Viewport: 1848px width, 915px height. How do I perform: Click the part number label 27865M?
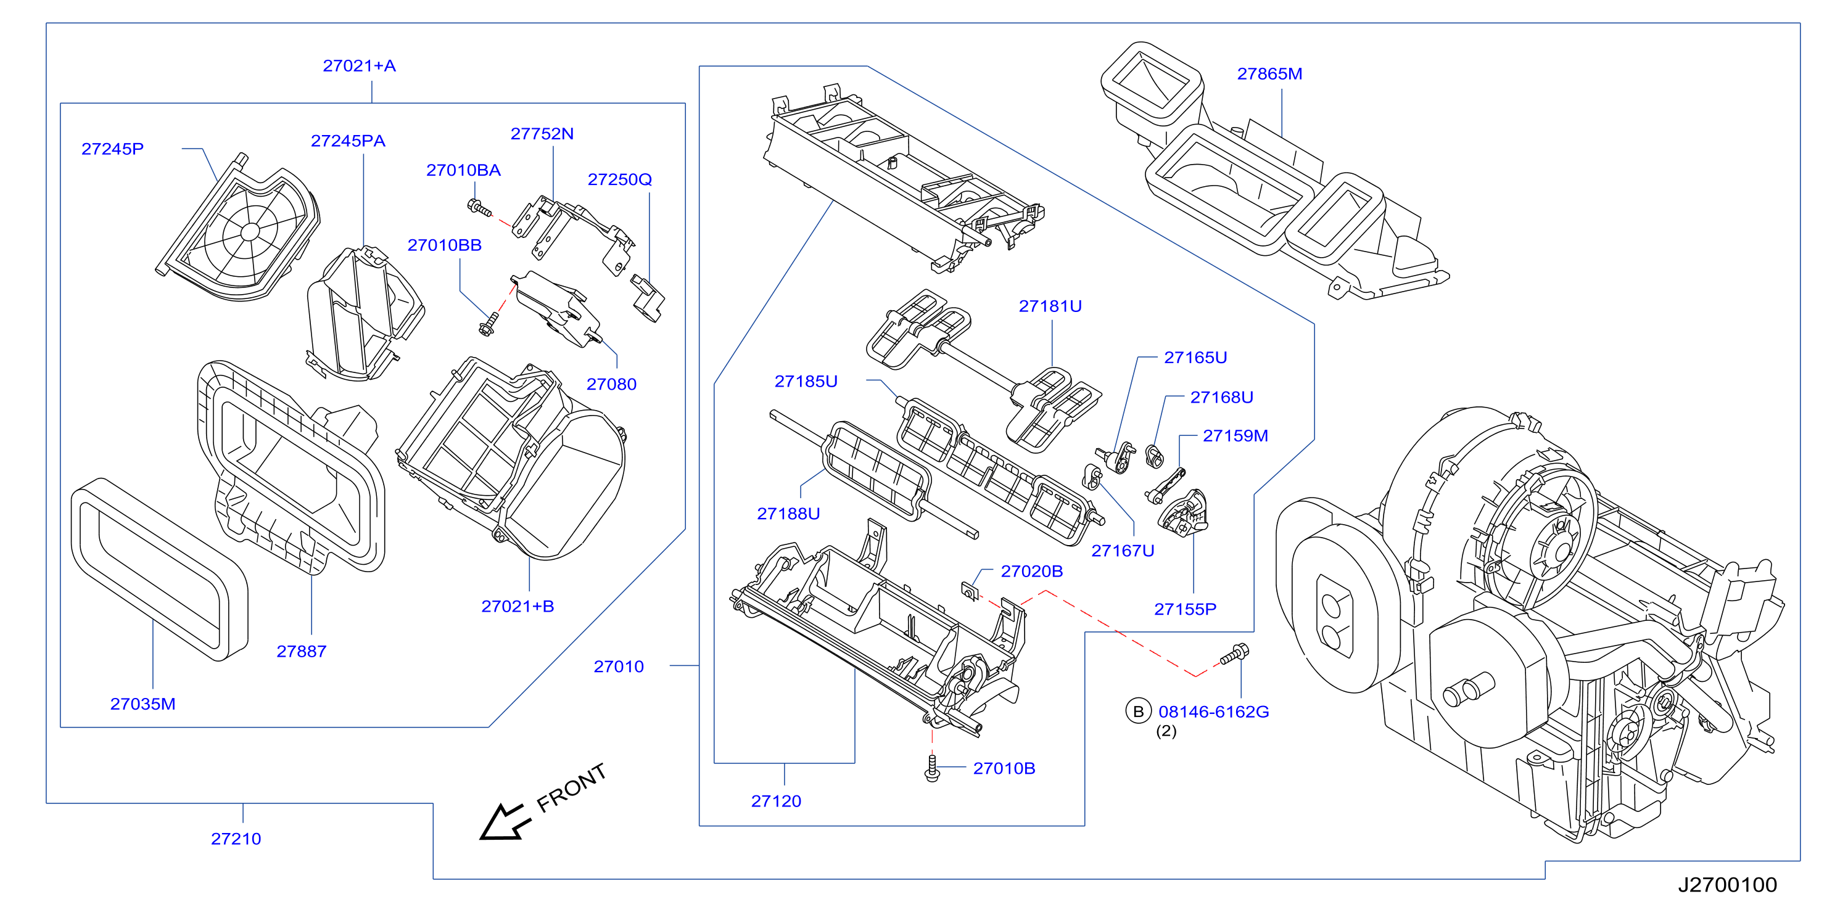coord(1269,74)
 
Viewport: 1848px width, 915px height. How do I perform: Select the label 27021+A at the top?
coord(359,66)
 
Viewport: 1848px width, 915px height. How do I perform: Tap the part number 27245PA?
coord(348,141)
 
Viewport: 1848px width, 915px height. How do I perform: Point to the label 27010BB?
coord(444,245)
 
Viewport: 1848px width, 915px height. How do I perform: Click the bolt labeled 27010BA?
coord(479,208)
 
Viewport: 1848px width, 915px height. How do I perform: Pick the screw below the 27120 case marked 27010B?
coord(932,768)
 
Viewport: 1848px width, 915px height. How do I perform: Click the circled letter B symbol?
coord(1138,712)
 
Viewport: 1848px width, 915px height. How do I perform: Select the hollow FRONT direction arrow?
coord(505,822)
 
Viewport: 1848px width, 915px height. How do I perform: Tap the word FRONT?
coord(572,787)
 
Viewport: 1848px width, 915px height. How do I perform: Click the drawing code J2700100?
coord(1728,885)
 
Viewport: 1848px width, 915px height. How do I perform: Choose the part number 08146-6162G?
coord(1214,712)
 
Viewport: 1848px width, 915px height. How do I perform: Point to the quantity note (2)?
coord(1166,731)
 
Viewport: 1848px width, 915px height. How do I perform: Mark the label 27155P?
coord(1185,610)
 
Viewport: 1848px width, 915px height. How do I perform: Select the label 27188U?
coord(788,514)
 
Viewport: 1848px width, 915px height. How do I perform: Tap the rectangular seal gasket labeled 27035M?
coord(159,568)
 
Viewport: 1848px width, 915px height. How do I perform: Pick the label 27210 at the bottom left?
coord(236,839)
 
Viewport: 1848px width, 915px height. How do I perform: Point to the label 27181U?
coord(1050,306)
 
